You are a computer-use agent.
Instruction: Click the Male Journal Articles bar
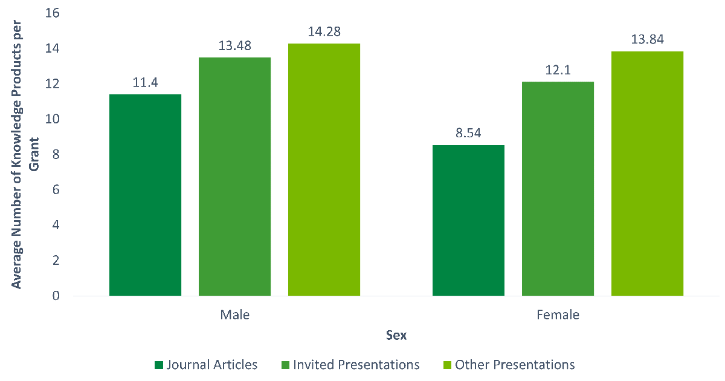coord(145,195)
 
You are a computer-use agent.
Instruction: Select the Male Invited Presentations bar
coord(234,177)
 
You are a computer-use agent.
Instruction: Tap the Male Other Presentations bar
coord(324,169)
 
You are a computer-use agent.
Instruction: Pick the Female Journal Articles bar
coord(468,220)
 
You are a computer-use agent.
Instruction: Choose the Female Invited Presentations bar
coord(558,189)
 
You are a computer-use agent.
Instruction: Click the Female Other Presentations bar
coord(647,174)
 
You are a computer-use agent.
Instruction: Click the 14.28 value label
coord(324,31)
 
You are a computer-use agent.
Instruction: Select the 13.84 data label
coord(647,40)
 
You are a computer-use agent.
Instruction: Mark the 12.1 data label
coord(558,70)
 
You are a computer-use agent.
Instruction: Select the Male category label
coord(234,315)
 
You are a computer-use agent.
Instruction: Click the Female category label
coord(558,315)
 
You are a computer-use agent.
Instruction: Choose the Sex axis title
coord(396,336)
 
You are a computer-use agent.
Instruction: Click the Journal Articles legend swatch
coord(159,365)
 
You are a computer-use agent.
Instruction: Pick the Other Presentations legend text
coord(515,365)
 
